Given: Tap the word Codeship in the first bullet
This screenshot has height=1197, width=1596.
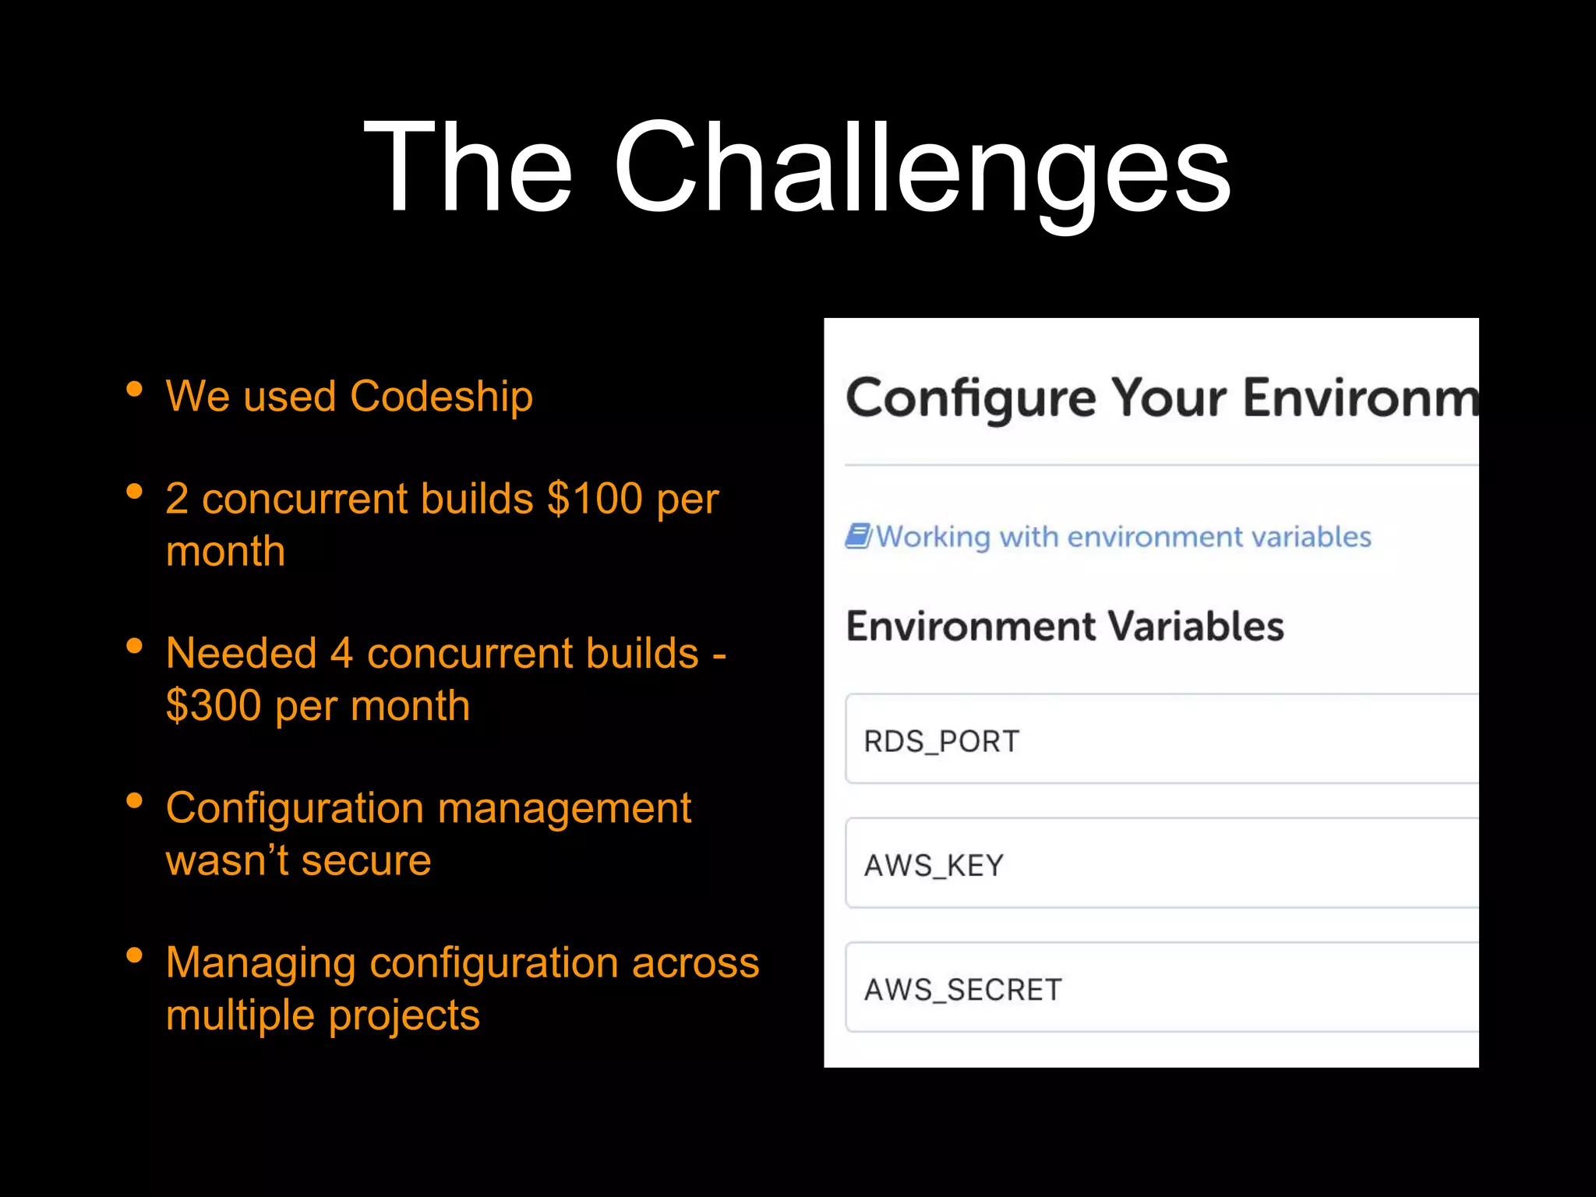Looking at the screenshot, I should (x=441, y=397).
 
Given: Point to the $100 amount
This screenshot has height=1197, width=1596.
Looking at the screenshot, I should (x=595, y=499).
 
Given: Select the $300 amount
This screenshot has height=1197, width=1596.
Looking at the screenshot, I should (x=214, y=706).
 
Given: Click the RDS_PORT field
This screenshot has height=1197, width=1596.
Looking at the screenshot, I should (x=1161, y=739).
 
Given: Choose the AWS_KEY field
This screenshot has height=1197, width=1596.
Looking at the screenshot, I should (x=1161, y=863).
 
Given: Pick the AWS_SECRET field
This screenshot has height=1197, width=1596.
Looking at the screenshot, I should (x=1161, y=988).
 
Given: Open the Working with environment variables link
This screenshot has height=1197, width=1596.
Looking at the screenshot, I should (x=1123, y=537).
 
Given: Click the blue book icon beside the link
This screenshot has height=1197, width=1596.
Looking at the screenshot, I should (x=858, y=536).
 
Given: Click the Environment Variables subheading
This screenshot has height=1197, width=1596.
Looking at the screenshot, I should (x=1065, y=627).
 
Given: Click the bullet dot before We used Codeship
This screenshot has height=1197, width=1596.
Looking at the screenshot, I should (x=134, y=389).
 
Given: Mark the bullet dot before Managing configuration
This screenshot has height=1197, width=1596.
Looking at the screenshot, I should (x=134, y=955).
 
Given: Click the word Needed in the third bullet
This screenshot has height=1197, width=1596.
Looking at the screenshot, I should (x=241, y=653).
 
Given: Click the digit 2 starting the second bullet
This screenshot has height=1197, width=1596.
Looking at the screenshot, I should (x=177, y=499).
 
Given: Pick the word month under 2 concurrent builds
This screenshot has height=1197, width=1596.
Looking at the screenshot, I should (x=225, y=552).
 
